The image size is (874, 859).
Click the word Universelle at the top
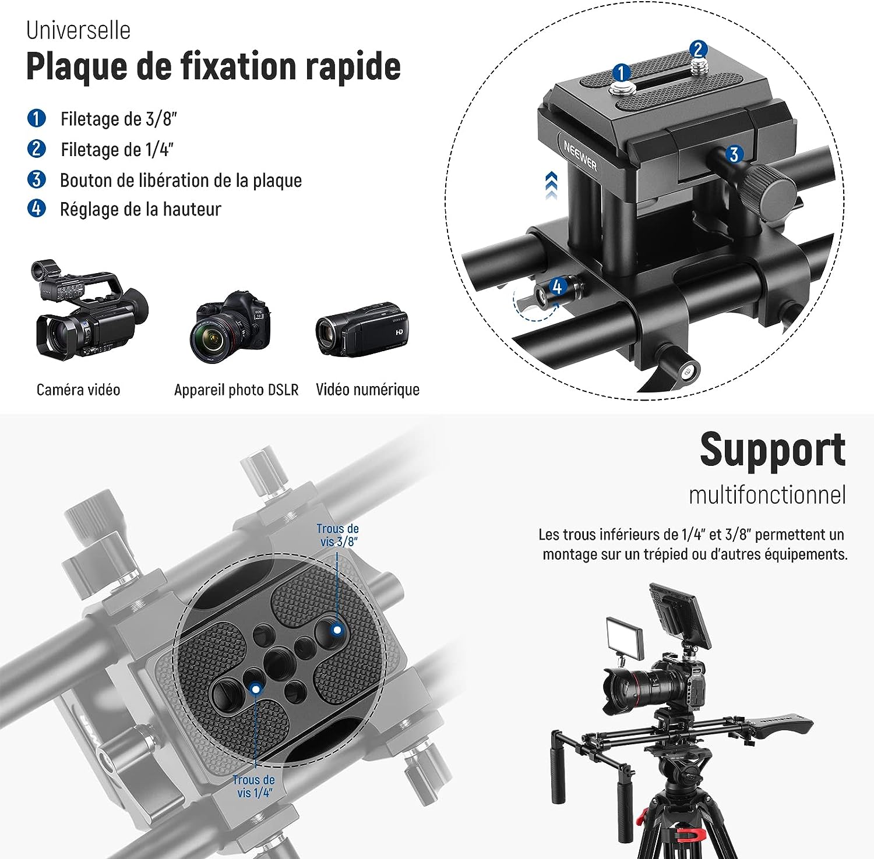coord(78,30)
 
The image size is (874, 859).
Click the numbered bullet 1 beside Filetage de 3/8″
coord(36,118)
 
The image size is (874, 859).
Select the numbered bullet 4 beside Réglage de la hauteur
coord(36,208)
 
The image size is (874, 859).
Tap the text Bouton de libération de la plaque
coord(181,180)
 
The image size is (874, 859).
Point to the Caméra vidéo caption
coord(78,389)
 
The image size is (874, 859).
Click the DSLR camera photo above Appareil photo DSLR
coord(230,326)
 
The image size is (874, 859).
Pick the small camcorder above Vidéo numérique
coord(361,329)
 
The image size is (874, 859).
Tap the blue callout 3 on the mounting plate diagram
coord(734,154)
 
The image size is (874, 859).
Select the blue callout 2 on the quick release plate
coord(698,50)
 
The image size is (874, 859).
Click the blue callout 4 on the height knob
coord(557,287)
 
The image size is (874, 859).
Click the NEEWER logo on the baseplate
coord(580,155)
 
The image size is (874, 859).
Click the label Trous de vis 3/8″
coord(338,535)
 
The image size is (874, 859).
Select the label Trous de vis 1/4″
coord(254,786)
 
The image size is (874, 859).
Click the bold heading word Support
coord(773,450)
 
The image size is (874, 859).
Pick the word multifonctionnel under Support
coord(767,495)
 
